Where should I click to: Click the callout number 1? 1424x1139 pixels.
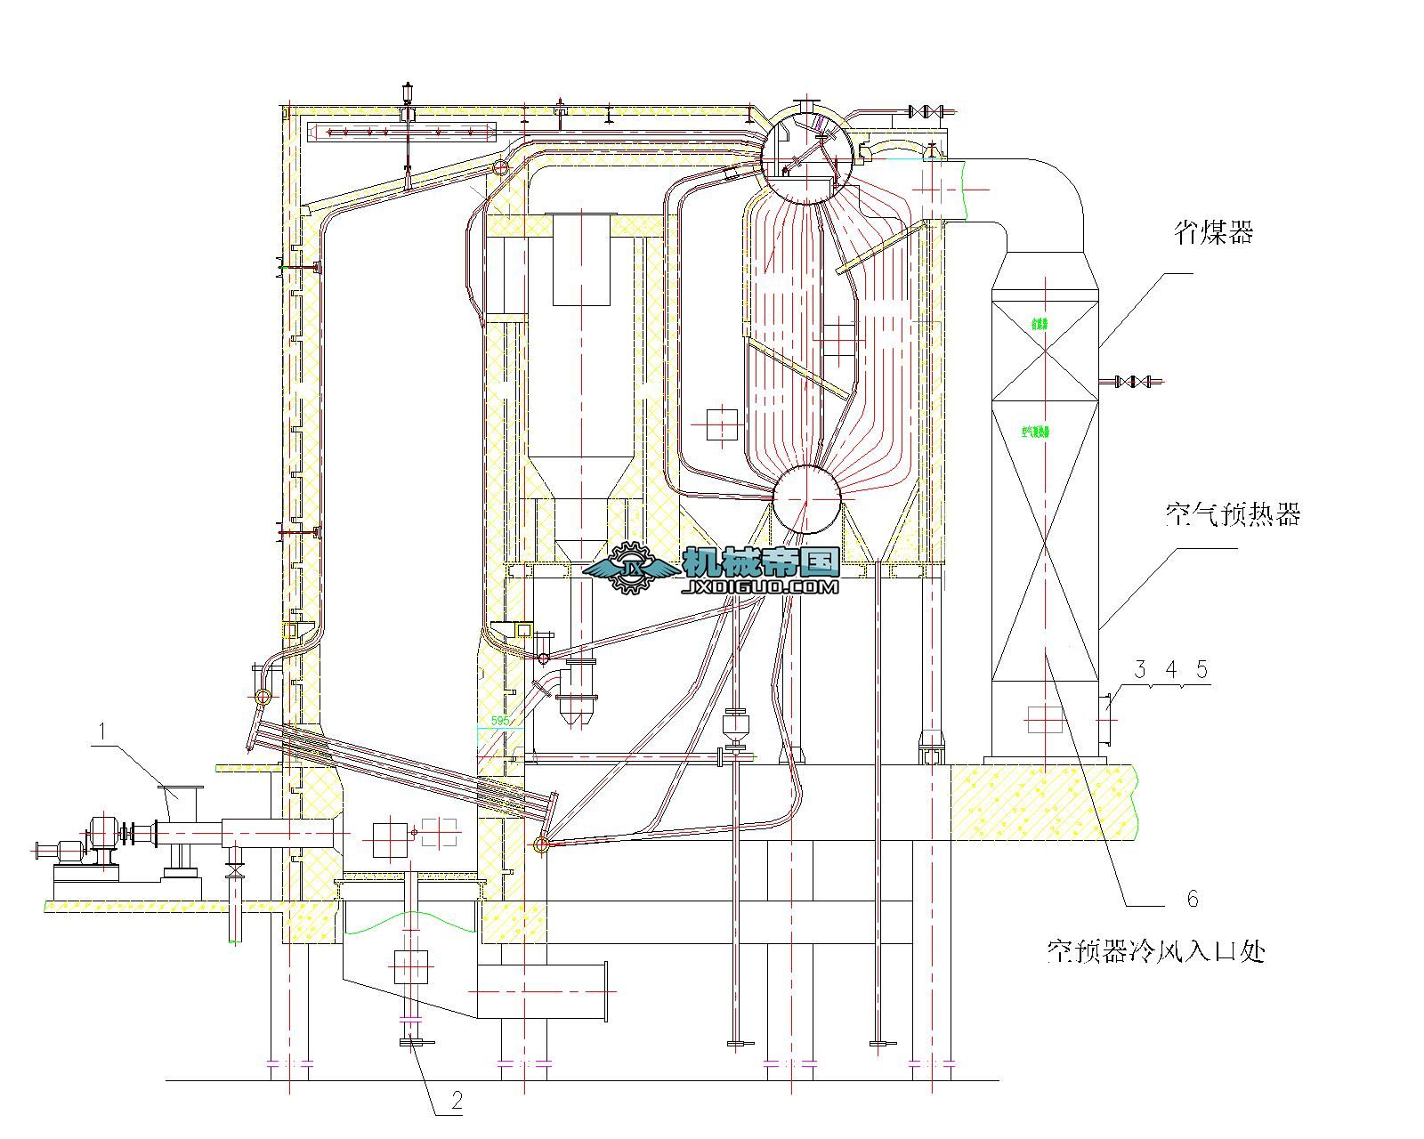pos(103,731)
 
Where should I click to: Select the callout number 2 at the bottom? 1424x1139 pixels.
pos(457,1101)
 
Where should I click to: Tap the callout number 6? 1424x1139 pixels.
pos(1193,899)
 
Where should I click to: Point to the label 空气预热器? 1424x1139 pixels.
pos(1233,514)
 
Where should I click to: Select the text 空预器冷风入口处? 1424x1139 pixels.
pos(1155,952)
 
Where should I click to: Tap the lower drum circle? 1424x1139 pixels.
pos(806,500)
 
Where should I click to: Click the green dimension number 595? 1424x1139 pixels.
pos(501,721)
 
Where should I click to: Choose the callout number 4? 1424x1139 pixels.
pos(1171,669)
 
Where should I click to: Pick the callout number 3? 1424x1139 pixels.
pos(1140,669)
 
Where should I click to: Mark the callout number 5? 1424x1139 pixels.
pos(1202,669)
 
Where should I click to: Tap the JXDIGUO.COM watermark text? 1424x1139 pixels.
pos(761,588)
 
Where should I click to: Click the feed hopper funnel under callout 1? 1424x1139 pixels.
pos(181,801)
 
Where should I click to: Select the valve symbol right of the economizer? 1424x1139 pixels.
pos(1130,382)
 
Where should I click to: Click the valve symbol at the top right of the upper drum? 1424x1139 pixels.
pos(926,112)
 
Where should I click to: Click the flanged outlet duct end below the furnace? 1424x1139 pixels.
pos(604,990)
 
